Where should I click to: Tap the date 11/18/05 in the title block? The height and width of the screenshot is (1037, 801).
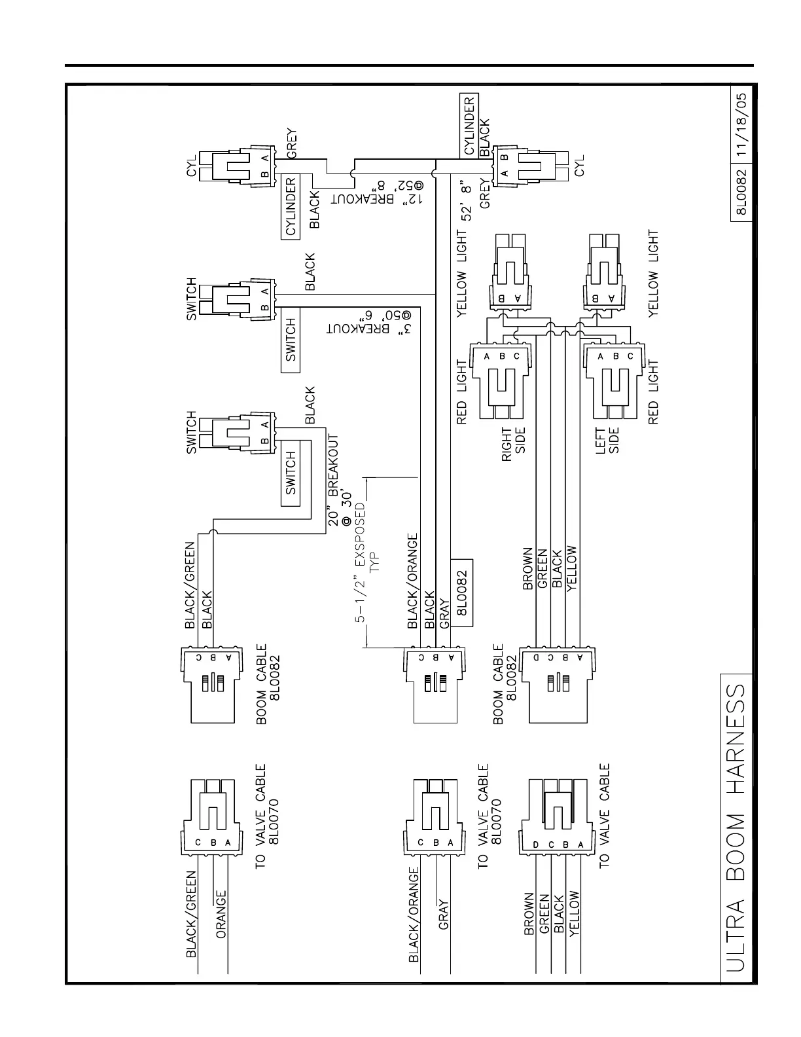[743, 124]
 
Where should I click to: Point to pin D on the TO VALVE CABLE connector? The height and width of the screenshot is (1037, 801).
[536, 845]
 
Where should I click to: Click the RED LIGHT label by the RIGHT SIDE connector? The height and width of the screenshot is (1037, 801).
[461, 393]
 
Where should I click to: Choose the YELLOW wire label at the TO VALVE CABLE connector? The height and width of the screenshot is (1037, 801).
[574, 914]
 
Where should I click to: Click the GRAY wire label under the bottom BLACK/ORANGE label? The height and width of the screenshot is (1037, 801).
[444, 915]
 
